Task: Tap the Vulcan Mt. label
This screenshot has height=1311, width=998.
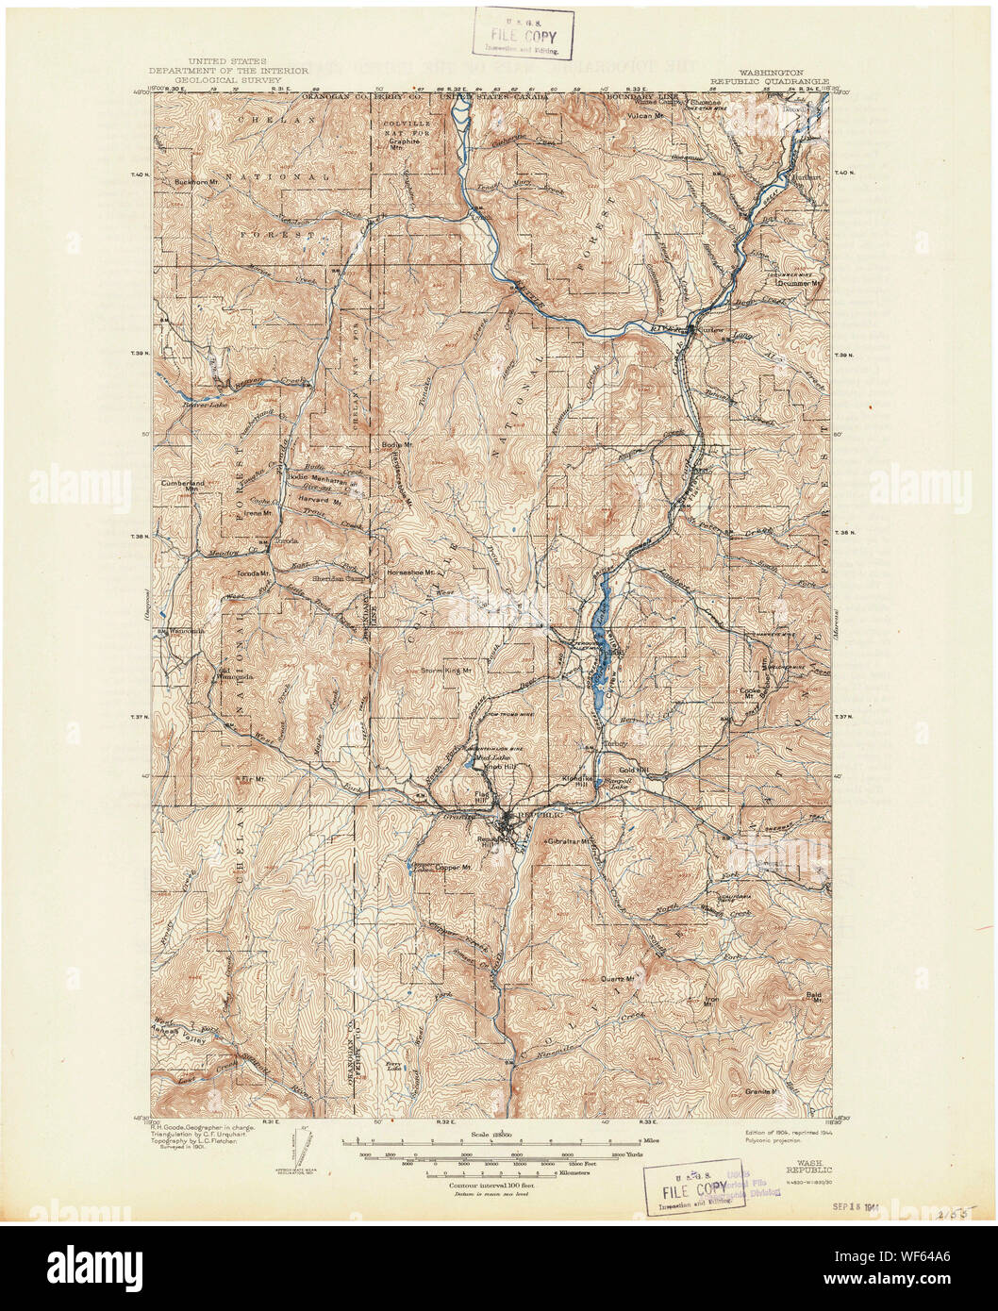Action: pyautogui.click(x=649, y=115)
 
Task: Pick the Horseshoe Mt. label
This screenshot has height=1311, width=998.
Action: pyautogui.click(x=408, y=572)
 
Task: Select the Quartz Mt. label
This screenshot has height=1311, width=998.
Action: pyautogui.click(x=619, y=978)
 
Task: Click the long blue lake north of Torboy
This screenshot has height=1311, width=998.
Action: pyautogui.click(x=600, y=622)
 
